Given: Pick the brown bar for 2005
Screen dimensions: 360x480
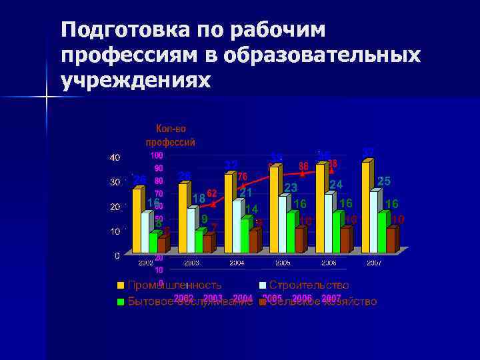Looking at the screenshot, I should pos(299,239).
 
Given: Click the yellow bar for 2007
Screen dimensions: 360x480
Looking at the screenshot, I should pos(365,207).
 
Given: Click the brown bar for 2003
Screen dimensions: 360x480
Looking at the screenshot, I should pos(207,243).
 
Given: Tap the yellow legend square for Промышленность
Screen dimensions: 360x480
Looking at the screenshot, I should pos(121,285).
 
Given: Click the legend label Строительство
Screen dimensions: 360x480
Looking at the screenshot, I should pos(309,285).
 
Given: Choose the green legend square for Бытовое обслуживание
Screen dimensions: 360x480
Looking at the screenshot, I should pos(121,302).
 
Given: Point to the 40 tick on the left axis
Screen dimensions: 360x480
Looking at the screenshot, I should pos(115,157).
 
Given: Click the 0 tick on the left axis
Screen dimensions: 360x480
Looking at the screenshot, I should pos(117,255).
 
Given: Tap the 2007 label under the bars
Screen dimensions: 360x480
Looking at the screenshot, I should pos(373,263).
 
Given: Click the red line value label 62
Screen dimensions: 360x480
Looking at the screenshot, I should pos(212,193).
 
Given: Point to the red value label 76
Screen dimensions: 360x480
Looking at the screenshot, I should pos(243,176).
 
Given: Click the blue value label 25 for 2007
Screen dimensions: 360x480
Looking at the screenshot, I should pos(384,181).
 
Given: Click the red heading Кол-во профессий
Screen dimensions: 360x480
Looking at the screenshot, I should pos(171,135).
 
